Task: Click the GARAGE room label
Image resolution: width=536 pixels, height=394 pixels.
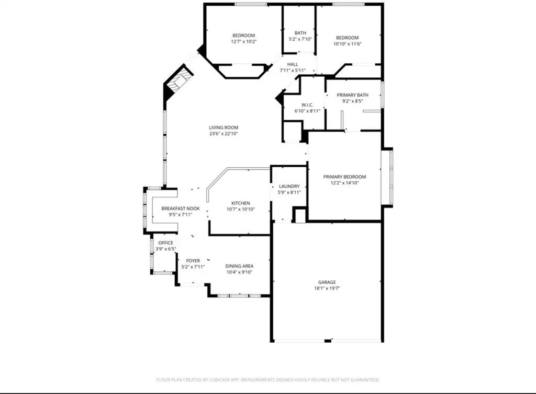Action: [327, 282]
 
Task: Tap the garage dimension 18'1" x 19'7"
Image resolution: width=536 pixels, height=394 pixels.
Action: [327, 288]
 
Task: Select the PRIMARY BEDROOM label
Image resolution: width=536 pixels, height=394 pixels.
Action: [344, 177]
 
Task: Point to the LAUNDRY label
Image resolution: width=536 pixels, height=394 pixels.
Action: [289, 186]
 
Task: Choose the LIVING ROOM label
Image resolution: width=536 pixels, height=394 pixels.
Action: [224, 128]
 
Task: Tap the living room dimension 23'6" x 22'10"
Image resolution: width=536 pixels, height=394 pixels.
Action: [224, 134]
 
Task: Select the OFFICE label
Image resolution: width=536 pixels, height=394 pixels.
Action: [165, 243]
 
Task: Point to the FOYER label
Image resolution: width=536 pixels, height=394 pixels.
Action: [193, 260]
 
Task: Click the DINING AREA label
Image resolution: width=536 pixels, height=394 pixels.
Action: [239, 266]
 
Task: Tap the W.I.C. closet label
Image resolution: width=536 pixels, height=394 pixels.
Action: [293, 105]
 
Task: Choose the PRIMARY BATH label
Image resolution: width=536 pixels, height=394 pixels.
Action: [352, 95]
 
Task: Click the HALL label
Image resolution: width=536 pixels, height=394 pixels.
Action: [293, 64]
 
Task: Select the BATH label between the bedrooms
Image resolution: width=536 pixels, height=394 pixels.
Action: [300, 32]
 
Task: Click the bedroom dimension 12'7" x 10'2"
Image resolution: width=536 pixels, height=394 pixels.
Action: [243, 41]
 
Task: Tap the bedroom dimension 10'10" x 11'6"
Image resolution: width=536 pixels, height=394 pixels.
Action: [347, 44]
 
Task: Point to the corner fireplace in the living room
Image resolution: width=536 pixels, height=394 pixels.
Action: [178, 83]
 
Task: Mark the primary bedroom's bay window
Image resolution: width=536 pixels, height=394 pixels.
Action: [387, 177]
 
